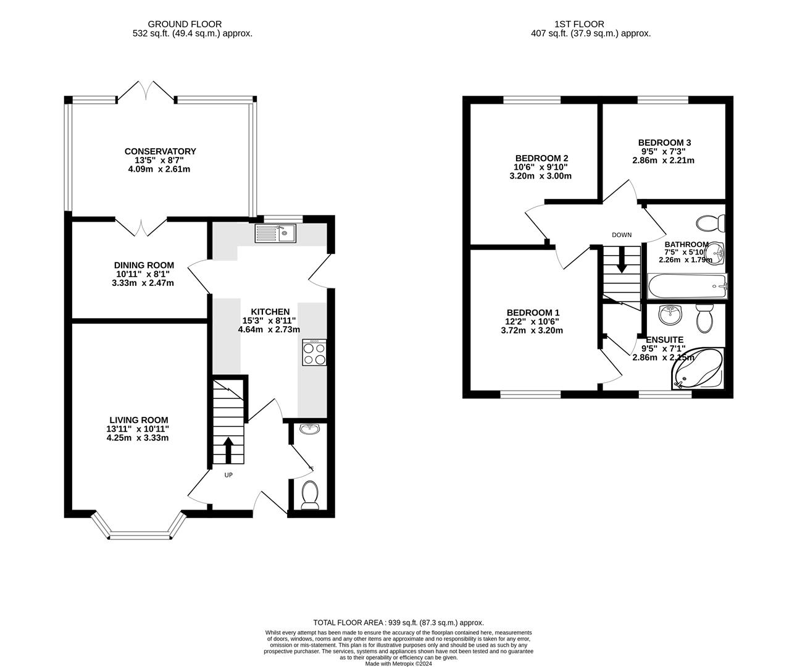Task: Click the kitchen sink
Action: click(275, 233)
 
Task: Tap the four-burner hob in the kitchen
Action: click(314, 353)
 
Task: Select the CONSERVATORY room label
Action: click(161, 151)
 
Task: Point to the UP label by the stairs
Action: click(228, 475)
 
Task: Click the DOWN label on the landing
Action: click(622, 235)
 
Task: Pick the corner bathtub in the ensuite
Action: click(698, 367)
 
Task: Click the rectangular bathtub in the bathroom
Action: click(688, 286)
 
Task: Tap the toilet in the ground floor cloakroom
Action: click(310, 495)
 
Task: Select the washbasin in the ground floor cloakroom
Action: click(310, 429)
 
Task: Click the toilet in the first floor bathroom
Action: click(711, 223)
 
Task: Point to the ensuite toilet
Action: click(704, 318)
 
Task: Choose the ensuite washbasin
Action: click(670, 315)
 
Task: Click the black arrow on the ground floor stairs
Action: click(228, 450)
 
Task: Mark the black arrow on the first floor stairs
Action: click(622, 259)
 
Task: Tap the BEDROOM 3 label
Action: click(664, 143)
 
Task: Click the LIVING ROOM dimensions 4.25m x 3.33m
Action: click(138, 438)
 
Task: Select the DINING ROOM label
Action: click(144, 265)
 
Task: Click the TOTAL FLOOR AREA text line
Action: click(399, 623)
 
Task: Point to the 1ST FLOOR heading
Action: click(580, 25)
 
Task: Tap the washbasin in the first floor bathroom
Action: click(715, 253)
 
